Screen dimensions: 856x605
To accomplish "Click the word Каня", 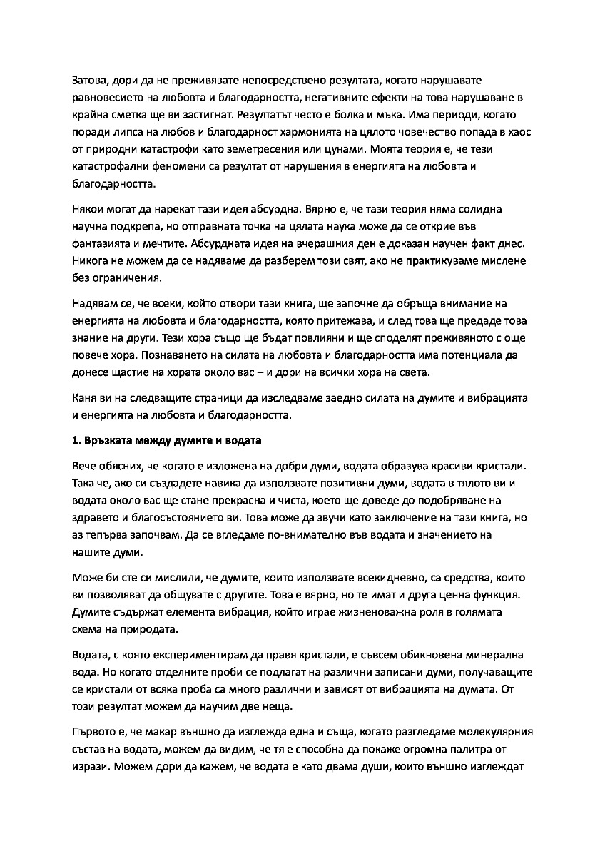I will (x=86, y=396).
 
